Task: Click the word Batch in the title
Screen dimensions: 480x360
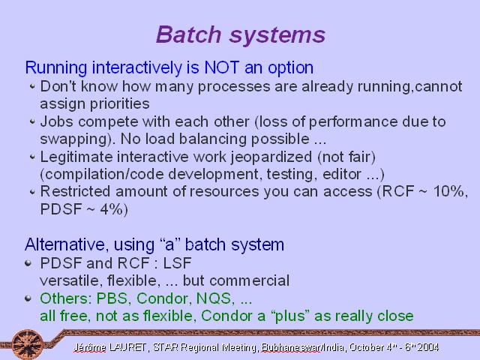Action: coord(188,34)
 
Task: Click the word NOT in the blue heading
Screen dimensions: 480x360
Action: coord(222,67)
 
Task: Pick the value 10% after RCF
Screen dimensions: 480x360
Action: coord(450,191)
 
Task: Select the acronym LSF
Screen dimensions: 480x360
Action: coord(177,263)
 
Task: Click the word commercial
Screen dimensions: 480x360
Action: coord(250,280)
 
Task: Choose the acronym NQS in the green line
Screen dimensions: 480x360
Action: coord(215,298)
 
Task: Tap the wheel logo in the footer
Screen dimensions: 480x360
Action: coord(28,344)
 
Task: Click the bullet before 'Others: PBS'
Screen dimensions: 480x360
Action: coord(28,298)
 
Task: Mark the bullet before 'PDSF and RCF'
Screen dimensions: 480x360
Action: coord(28,263)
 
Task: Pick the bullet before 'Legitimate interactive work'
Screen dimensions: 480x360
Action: coord(32,157)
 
